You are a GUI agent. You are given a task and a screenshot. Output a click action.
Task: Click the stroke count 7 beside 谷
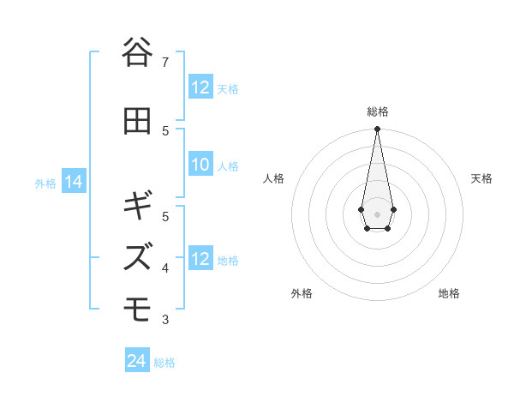pos(166,62)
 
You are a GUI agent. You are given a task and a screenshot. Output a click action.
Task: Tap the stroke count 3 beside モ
pos(166,320)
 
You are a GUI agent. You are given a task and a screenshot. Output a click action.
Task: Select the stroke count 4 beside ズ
pos(166,268)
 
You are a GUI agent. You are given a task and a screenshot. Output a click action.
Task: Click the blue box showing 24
pos(137,361)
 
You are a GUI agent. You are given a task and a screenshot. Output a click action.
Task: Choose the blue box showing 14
pos(74,182)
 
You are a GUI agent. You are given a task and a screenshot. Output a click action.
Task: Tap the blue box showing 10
pos(200,165)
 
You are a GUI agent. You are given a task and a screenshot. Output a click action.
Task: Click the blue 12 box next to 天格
pos(200,87)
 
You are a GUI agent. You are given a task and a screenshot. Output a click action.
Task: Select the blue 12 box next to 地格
pos(200,259)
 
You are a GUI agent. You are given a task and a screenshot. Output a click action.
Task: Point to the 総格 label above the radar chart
pos(377,111)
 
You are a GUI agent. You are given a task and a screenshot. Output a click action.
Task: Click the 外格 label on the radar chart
pos(302,293)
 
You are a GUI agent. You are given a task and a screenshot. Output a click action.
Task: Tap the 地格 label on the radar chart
pos(449,293)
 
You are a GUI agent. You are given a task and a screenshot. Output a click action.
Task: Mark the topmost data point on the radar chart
pos(377,129)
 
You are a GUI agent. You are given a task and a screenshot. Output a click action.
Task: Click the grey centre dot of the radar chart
pos(377,213)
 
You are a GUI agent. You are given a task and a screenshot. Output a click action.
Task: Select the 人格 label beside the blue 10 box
pos(228,165)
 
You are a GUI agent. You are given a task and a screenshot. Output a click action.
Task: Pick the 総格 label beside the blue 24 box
pos(164,363)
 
